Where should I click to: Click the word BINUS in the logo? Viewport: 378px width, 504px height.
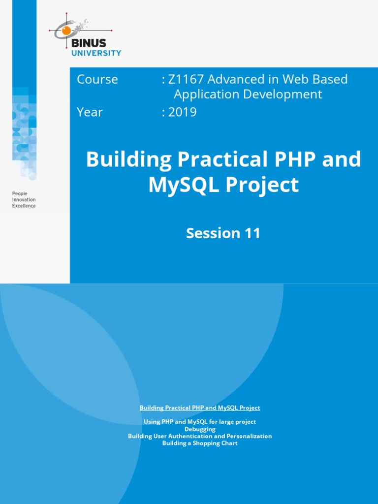(x=89, y=43)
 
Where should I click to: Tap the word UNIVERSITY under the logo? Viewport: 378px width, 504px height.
(x=96, y=53)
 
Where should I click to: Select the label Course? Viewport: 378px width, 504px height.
(x=97, y=79)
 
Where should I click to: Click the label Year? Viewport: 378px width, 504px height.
(x=90, y=112)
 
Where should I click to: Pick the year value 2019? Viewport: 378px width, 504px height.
(x=183, y=112)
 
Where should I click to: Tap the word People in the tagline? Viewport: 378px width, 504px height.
(x=20, y=194)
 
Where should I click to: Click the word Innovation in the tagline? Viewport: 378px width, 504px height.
(x=24, y=200)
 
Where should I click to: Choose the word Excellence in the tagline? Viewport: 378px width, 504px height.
(x=24, y=206)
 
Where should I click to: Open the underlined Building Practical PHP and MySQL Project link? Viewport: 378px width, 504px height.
(x=200, y=408)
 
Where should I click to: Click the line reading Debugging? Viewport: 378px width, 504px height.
(x=200, y=429)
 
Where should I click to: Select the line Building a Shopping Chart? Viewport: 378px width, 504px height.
(x=200, y=443)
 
